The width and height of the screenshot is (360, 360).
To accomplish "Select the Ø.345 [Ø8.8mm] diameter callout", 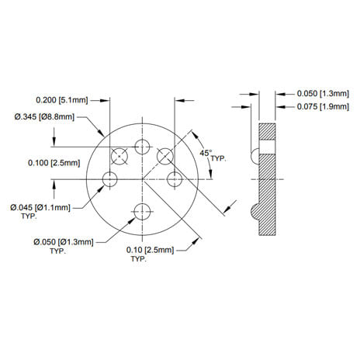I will (44, 116).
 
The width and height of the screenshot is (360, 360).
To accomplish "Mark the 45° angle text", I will (205, 154).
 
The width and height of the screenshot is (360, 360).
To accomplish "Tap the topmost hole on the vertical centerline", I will (142, 147).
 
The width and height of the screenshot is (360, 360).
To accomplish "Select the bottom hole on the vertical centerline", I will (142, 210).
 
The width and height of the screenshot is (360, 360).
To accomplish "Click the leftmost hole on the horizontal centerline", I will (110, 179).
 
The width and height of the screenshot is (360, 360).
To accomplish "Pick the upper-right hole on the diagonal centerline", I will (165, 156).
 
